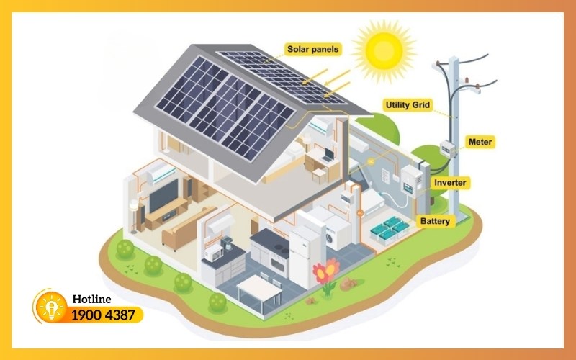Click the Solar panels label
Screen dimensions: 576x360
[x=313, y=49]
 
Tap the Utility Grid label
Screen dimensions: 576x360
[x=408, y=105]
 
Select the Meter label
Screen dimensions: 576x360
[x=480, y=142]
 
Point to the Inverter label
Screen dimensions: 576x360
[x=450, y=183]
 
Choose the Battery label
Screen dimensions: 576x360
[x=435, y=221]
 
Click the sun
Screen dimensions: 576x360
[x=384, y=50]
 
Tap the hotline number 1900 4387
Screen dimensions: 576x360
[x=103, y=315]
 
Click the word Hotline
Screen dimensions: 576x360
[x=92, y=299]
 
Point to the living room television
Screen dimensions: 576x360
[x=164, y=195]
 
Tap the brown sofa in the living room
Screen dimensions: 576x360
[x=188, y=228]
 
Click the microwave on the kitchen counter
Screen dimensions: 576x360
[x=214, y=253]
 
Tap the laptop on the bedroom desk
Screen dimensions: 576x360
[x=328, y=156]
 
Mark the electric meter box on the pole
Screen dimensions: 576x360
[x=447, y=149]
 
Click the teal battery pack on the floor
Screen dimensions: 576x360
[x=390, y=230]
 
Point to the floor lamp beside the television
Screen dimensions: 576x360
[x=134, y=217]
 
